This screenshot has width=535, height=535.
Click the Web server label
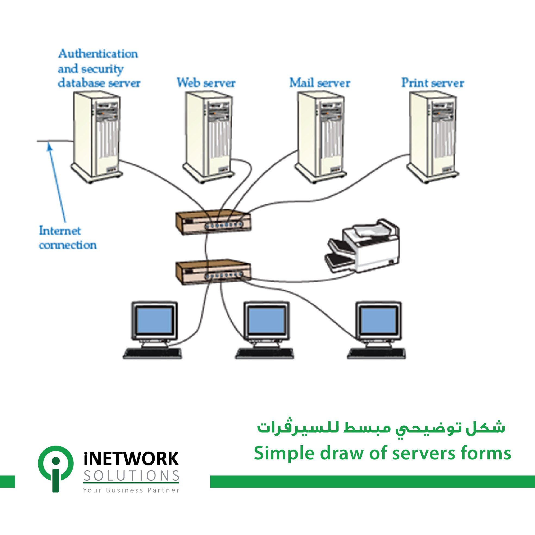click(206, 83)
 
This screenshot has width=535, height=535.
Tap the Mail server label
click(320, 83)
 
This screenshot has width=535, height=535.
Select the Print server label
click(433, 83)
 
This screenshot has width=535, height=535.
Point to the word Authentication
click(98, 54)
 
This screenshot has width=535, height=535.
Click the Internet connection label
click(68, 238)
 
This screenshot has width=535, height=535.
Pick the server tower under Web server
click(208, 137)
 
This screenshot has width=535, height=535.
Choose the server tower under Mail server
click(321, 137)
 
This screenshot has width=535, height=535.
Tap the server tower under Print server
click(433, 137)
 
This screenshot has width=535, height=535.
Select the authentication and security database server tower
click(96, 137)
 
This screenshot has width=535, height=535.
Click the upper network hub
click(214, 222)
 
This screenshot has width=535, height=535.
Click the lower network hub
click(214, 273)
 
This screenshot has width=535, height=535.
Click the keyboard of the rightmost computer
click(377, 353)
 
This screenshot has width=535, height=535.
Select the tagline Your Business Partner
click(132, 490)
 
